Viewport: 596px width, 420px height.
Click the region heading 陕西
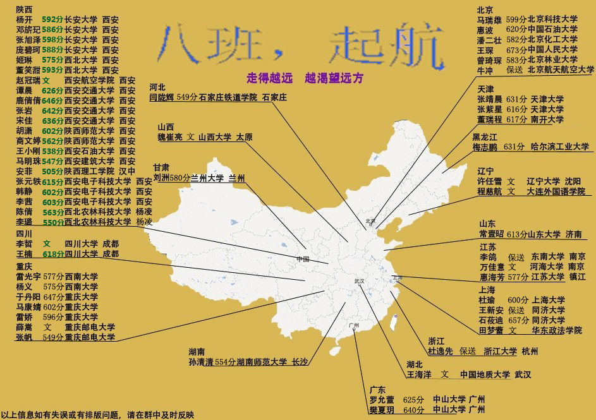point(24,9)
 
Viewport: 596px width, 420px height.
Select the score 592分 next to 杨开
point(52,20)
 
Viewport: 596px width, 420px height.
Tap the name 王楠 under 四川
point(24,254)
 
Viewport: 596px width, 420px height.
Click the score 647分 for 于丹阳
point(54,297)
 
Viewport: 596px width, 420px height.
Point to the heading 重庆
point(24,266)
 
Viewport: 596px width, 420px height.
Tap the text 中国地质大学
point(484,375)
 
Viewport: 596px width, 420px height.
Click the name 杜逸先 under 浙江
point(441,351)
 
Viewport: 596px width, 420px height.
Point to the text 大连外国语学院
point(556,191)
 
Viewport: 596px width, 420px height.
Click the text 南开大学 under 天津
point(547,119)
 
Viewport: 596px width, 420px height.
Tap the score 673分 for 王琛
point(516,49)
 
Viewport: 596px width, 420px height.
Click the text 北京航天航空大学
point(561,69)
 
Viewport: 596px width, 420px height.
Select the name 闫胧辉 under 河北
point(162,97)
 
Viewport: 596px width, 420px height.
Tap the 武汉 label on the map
point(360,281)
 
